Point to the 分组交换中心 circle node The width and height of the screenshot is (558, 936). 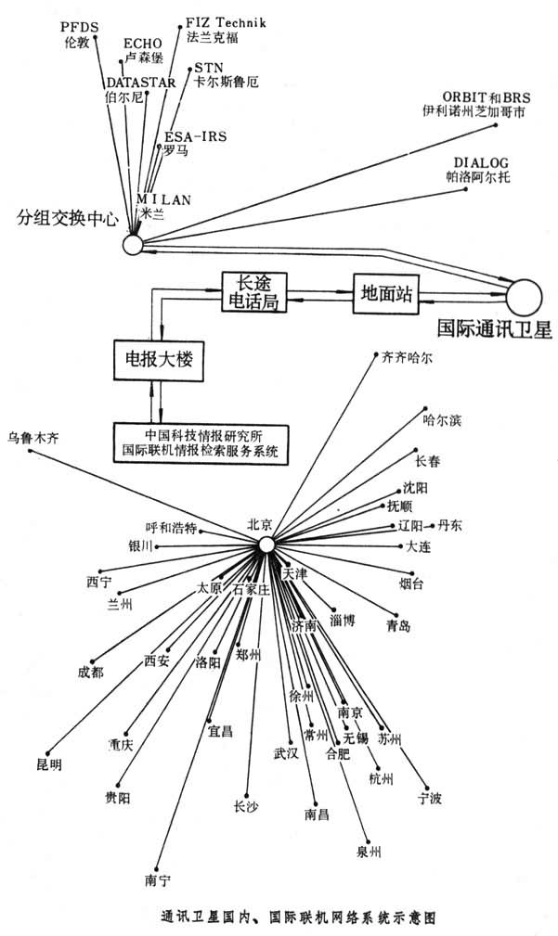(132, 244)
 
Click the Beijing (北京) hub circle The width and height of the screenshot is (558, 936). (266, 545)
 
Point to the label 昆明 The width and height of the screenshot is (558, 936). (48, 764)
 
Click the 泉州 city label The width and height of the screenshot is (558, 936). (369, 851)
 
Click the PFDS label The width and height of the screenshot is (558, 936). (79, 28)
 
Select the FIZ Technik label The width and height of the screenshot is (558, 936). (226, 20)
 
